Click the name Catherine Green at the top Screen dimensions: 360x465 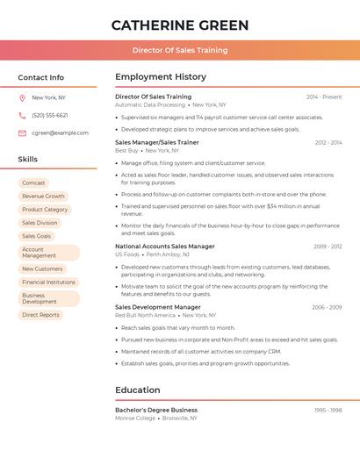coord(180,25)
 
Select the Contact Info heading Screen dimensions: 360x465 coord(41,77)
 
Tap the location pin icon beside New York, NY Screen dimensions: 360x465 coord(22,97)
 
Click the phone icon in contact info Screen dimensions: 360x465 coord(22,115)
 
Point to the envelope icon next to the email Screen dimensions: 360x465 coord(22,132)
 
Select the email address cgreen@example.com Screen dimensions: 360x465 coord(60,132)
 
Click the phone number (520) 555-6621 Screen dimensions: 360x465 coord(50,115)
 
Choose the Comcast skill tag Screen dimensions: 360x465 coord(33,182)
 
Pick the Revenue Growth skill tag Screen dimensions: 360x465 coord(43,197)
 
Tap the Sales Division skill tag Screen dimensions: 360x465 coord(40,223)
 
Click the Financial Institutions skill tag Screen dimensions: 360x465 coord(48,282)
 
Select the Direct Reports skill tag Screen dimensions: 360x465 coord(40,314)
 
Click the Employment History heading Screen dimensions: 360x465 coord(161,77)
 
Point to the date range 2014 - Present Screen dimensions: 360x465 coord(324,97)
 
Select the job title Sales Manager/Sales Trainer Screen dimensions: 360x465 coord(157,142)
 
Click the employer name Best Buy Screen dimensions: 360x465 coord(127,150)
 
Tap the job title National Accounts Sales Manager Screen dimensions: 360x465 coord(165,247)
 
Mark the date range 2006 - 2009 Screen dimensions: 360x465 coord(327,307)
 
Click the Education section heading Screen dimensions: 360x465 coord(138,390)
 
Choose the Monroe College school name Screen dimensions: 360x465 coord(135,418)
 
